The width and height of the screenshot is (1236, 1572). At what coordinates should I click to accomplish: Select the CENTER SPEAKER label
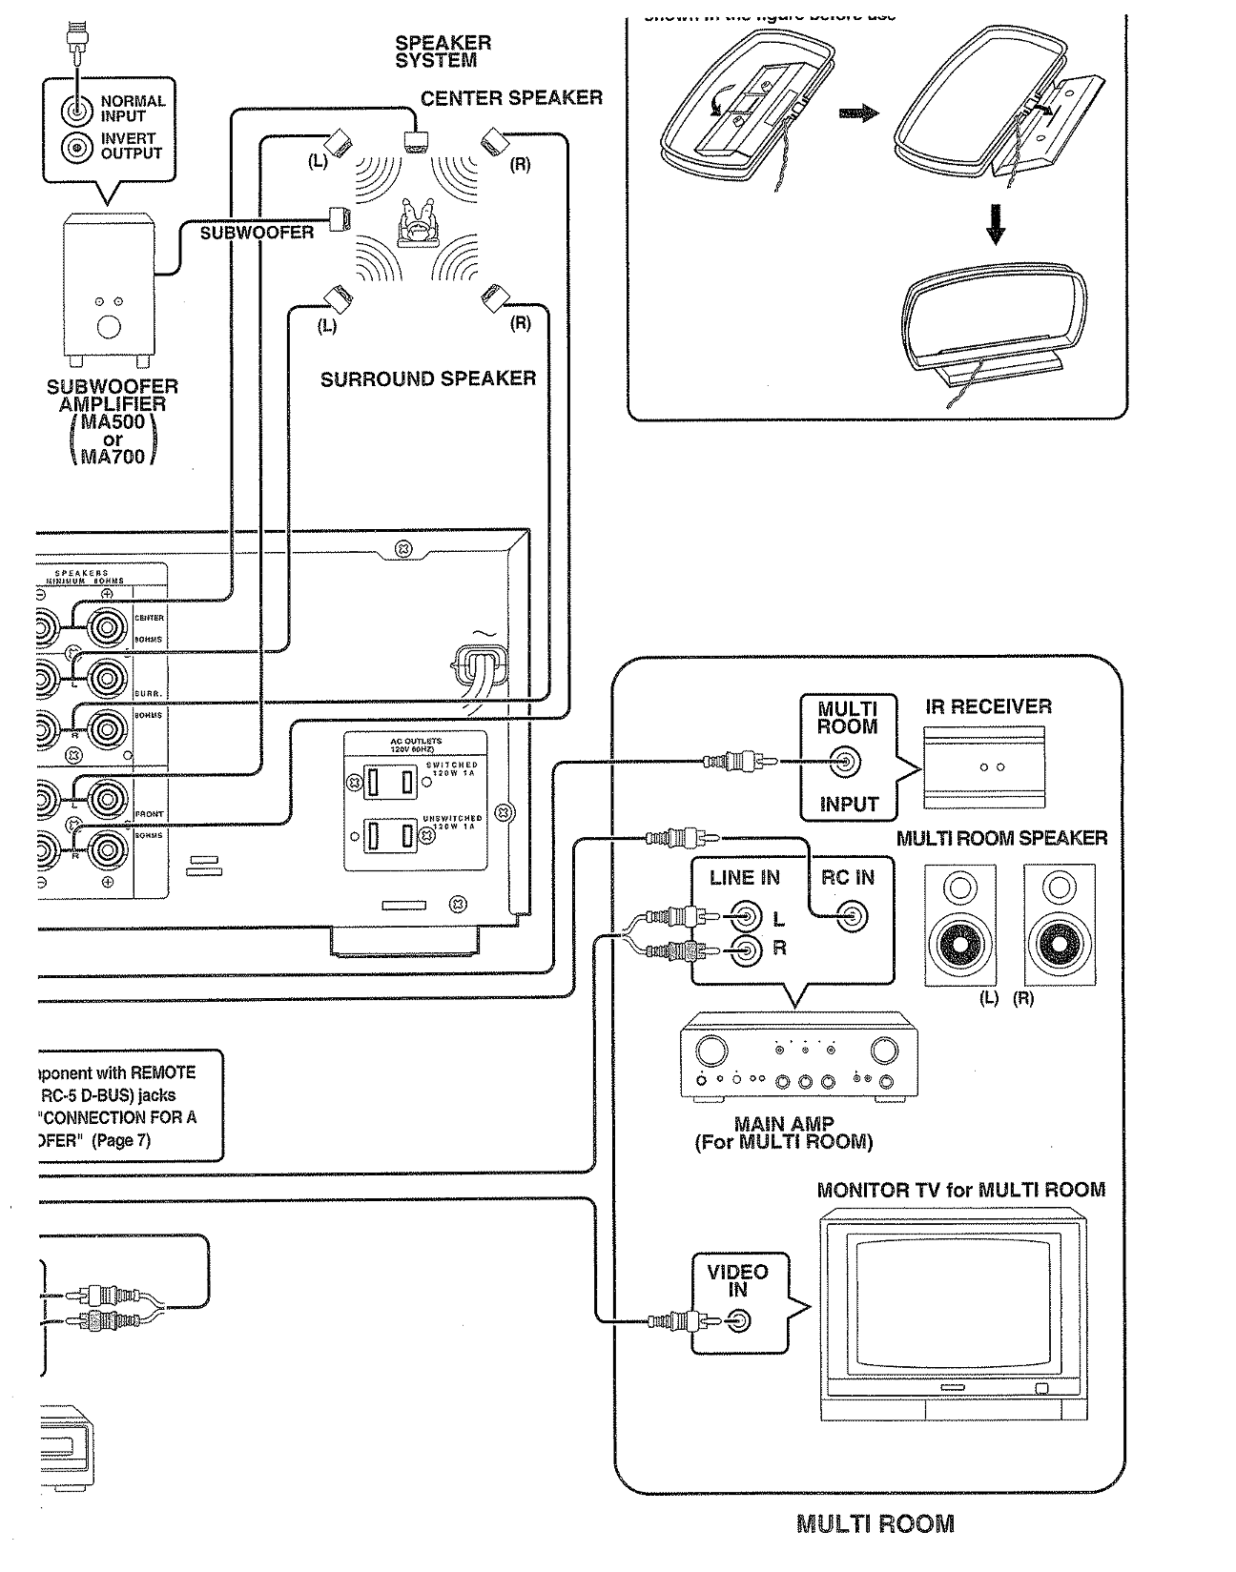coord(511,98)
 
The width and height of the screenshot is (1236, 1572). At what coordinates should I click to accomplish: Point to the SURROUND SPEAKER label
coord(427,379)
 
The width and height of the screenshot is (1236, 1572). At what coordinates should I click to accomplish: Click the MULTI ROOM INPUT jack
coord(846,762)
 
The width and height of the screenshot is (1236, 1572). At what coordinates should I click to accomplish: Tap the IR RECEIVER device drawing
coord(985,766)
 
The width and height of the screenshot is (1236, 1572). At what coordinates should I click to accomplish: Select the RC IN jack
coord(853,918)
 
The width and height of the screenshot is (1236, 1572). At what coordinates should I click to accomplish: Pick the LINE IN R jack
coord(745,949)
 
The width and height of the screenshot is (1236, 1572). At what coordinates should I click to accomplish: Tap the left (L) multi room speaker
coord(960,925)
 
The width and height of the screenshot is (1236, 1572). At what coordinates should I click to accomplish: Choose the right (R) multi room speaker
coord(1059,925)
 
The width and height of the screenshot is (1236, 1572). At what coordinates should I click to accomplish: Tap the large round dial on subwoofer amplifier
coord(109,328)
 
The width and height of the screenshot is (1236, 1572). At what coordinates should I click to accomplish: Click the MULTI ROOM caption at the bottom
coord(875,1523)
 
